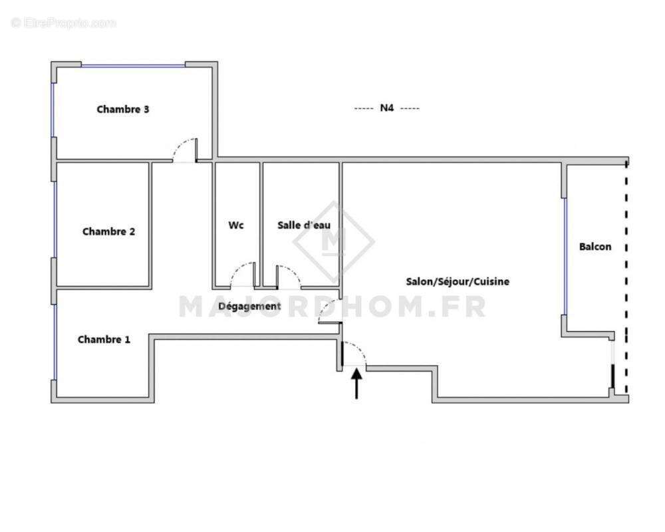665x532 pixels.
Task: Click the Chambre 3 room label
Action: pos(123,110)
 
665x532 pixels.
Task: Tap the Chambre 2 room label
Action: pos(108,232)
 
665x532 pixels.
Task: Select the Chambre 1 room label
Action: pos(104,340)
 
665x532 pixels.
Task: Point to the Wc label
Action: pos(236,225)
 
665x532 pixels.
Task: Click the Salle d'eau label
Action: pos(304,225)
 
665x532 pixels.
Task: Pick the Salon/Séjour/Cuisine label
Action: pos(458,282)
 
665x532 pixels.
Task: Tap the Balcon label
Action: pos(595,247)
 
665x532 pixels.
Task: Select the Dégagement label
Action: pos(249,307)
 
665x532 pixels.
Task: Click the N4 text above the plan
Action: pos(387,108)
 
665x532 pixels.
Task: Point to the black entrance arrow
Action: pos(357,384)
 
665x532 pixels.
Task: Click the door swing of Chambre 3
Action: pos(186,149)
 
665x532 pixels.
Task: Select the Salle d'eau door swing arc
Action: pos(287,275)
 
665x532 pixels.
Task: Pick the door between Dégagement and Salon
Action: pos(329,311)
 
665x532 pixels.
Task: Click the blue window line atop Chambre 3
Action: pos(133,65)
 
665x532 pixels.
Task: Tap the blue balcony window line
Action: pos(565,256)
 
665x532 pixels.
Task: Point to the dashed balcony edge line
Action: pos(626,279)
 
